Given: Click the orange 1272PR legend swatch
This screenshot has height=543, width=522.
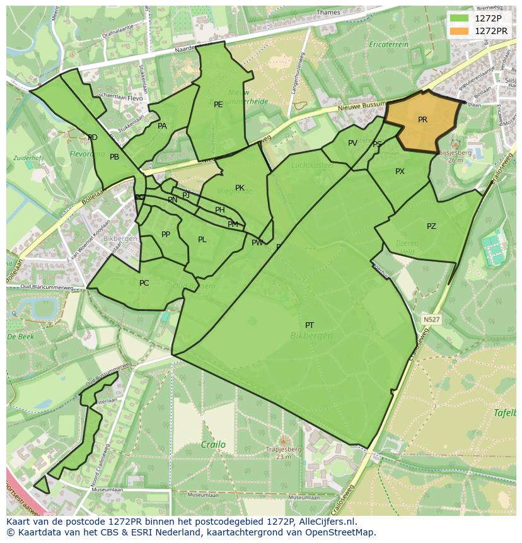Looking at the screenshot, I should click(460, 31).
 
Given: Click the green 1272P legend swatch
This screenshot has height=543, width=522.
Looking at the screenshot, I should click(460, 18).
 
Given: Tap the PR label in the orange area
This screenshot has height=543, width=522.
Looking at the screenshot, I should click(422, 120).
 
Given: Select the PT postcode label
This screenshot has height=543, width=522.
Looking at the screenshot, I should click(310, 325).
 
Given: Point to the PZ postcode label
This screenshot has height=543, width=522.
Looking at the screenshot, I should click(431, 226).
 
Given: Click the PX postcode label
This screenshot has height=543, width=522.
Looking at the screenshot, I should click(400, 172).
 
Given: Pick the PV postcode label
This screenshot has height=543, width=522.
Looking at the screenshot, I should click(352, 143).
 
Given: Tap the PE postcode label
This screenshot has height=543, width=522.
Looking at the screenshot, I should click(218, 105).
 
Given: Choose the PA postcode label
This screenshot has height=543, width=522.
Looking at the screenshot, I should click(162, 126).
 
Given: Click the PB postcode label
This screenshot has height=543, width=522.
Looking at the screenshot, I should click(114, 157).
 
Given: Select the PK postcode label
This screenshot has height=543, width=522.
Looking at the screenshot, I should click(240, 188).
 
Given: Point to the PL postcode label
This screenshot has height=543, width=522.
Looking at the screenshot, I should click(202, 240).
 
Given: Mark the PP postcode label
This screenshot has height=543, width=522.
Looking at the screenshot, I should click(166, 235).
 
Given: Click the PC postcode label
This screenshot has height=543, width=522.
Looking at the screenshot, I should click(144, 283).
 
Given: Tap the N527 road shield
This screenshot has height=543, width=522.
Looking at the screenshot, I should click(431, 320).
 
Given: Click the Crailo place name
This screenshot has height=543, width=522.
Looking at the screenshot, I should click(213, 445).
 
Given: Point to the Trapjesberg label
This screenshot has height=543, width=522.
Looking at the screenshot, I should click(283, 450).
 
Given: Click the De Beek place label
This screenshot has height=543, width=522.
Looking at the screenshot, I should click(20, 337).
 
